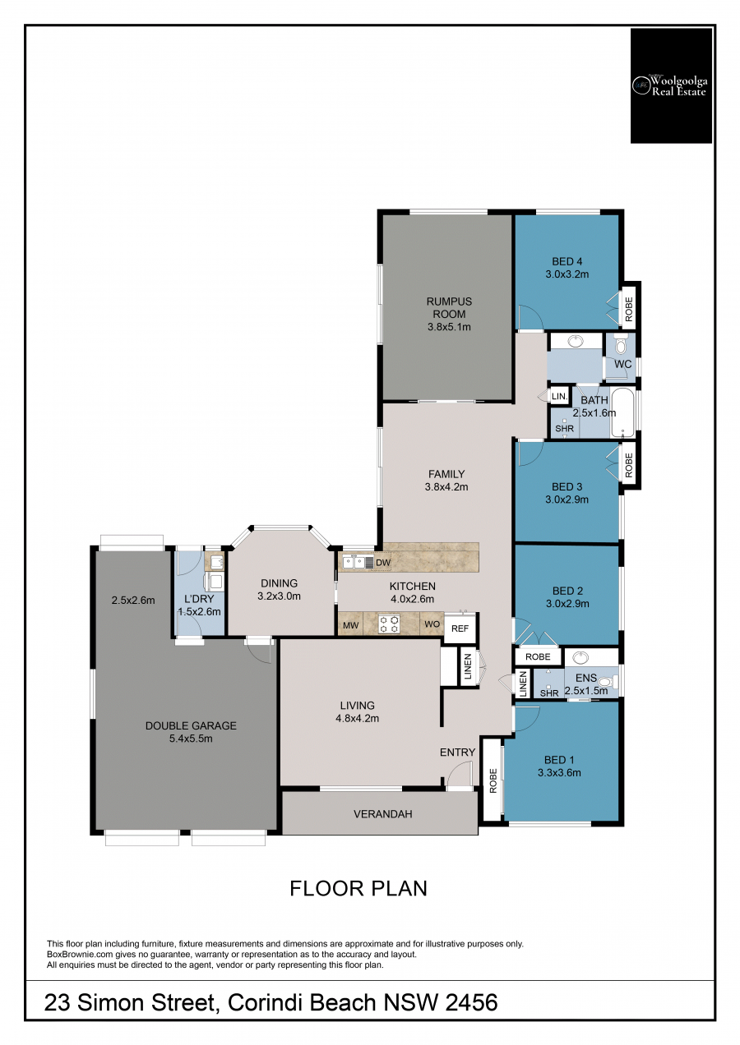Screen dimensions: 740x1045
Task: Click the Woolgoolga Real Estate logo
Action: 671,85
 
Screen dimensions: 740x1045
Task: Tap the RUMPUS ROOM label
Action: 449,308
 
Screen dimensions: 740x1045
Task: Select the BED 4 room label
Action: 567,261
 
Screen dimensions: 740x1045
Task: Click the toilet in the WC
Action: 621,345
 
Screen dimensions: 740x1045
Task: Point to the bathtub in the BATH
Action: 622,412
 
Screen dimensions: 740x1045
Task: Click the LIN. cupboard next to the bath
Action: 559,397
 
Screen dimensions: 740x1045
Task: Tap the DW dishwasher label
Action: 383,563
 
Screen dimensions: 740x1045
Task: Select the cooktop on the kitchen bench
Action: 389,624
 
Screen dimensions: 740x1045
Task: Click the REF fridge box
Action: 460,628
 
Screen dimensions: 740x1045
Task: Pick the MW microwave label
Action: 350,625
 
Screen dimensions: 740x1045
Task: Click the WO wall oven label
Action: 432,624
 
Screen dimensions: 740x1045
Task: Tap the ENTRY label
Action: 457,752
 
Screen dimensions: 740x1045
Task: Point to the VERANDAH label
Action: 383,814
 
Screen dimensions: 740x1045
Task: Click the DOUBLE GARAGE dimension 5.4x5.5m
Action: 191,739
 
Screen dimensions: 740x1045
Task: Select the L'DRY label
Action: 199,599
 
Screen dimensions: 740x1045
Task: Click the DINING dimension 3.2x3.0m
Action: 280,596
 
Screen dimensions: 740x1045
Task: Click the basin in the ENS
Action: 580,657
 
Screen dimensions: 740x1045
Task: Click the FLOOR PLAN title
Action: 358,889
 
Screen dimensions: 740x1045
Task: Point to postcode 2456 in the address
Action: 471,1002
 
